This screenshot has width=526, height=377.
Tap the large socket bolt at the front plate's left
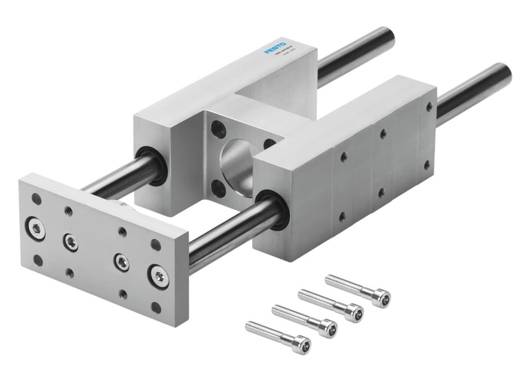(36, 228)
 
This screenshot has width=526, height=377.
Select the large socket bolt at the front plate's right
(159, 275)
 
